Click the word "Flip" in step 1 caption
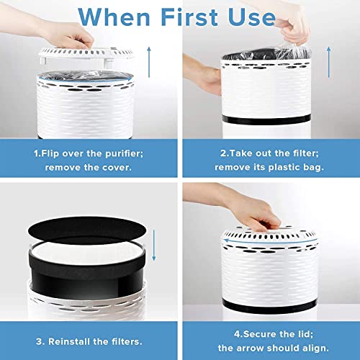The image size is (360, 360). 53,152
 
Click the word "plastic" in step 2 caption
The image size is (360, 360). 286,166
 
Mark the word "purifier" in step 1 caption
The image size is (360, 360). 129,152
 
